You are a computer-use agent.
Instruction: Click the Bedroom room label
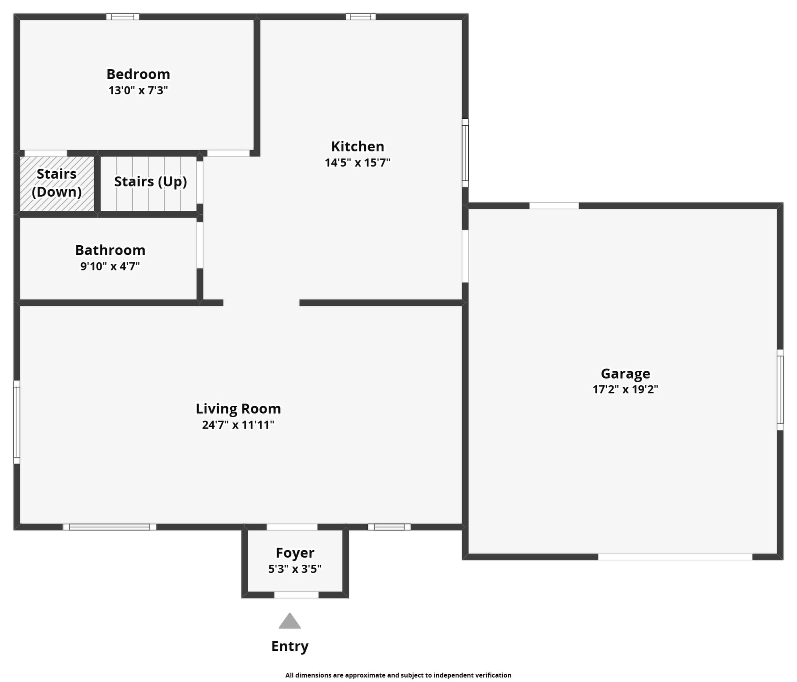[138, 74]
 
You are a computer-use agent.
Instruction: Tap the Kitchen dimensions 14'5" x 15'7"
[357, 163]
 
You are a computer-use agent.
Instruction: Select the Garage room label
[626, 374]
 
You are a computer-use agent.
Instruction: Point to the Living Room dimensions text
[238, 425]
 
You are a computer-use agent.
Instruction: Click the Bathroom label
[110, 250]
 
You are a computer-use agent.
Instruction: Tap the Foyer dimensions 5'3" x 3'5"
[295, 569]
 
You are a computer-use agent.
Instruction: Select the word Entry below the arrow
[290, 646]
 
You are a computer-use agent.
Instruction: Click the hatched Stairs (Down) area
[57, 184]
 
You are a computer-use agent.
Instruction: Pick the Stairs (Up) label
[150, 182]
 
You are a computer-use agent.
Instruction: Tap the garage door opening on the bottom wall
[675, 557]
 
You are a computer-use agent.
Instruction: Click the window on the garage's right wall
[780, 389]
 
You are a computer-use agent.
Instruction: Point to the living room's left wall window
[17, 422]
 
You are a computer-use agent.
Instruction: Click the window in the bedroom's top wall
[123, 17]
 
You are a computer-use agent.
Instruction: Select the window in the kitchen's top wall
[361, 17]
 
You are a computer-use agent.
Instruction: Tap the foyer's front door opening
[296, 595]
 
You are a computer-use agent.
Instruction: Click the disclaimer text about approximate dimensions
[398, 675]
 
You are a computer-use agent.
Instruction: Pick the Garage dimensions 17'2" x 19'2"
[626, 389]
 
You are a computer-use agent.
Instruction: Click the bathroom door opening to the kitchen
[200, 245]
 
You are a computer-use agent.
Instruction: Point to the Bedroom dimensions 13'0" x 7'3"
[138, 90]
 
